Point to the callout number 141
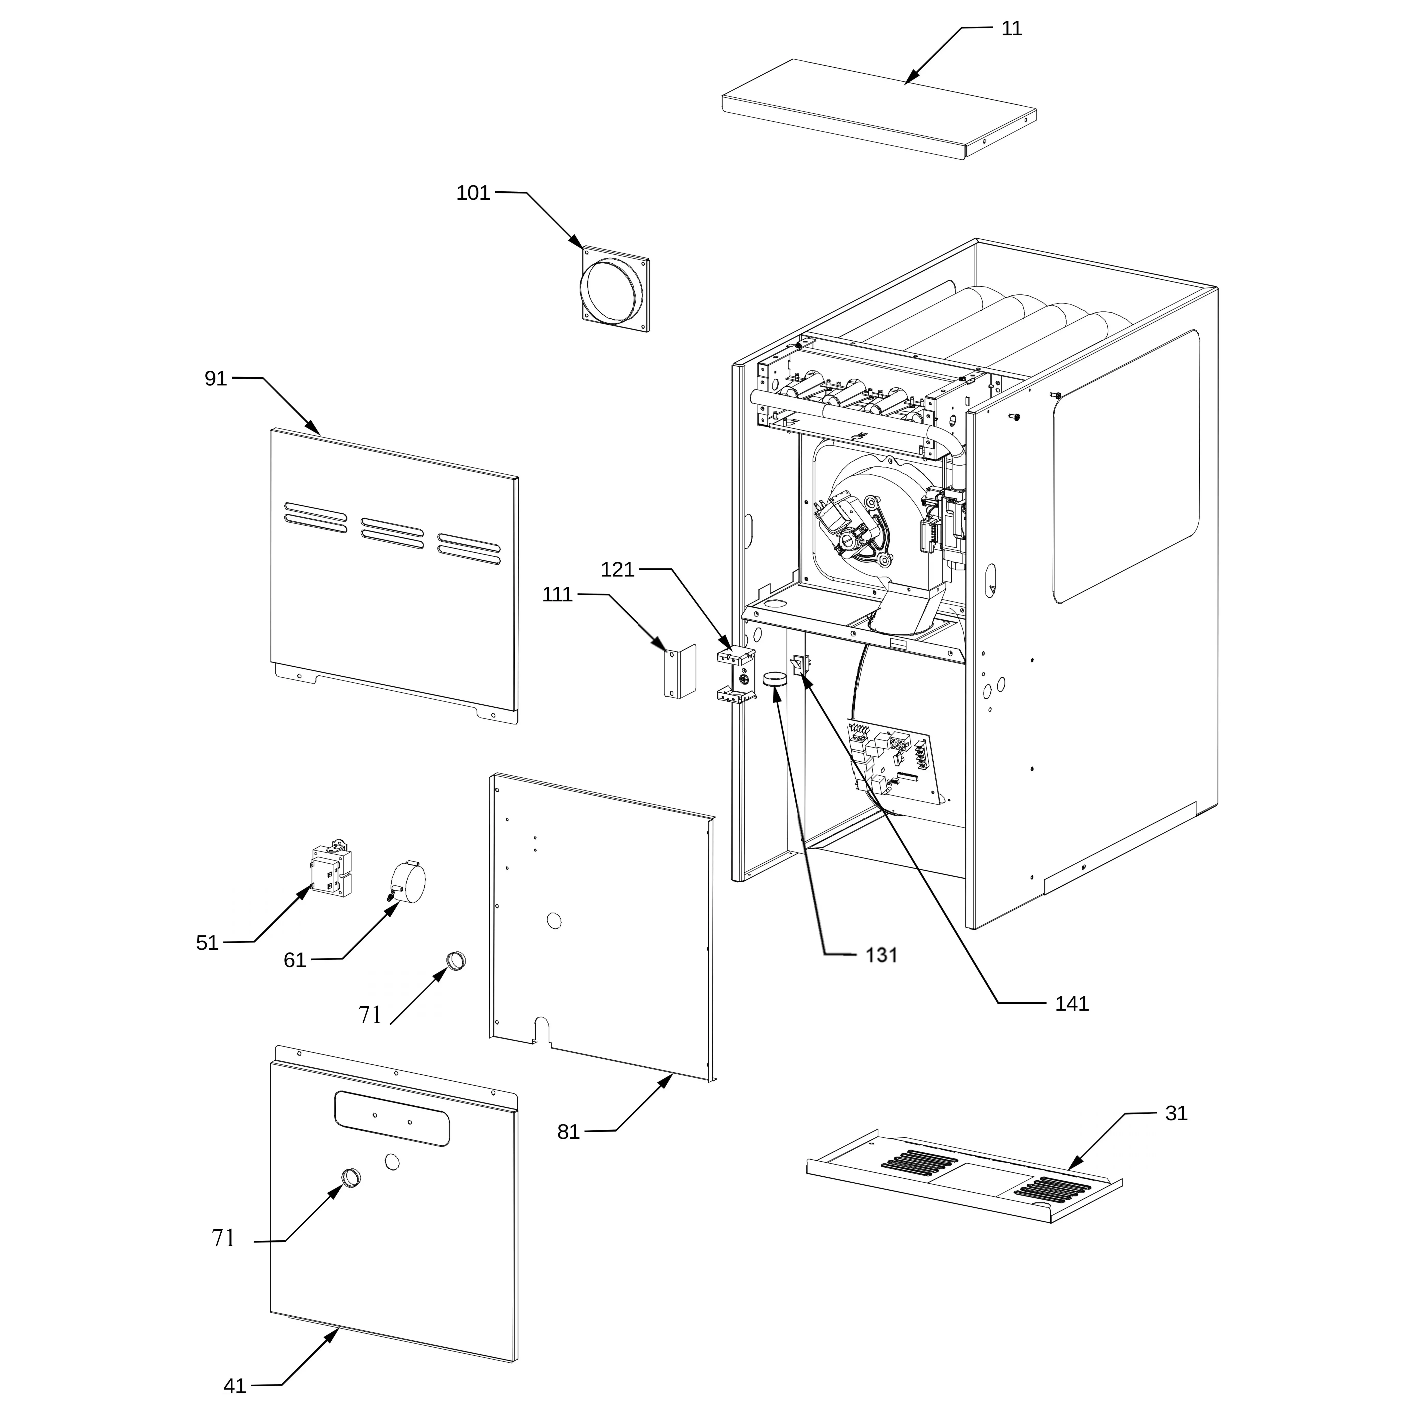point(1072,1004)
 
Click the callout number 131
point(881,955)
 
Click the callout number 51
point(207,943)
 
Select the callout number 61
point(295,961)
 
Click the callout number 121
point(618,570)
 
